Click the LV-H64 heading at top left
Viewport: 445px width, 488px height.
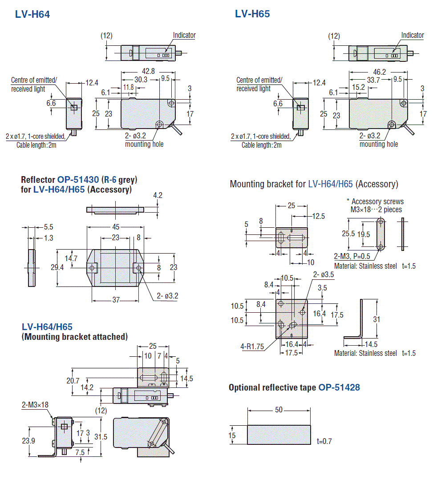point(32,14)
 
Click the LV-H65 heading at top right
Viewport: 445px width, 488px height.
point(252,14)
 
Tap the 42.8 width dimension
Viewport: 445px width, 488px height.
point(149,71)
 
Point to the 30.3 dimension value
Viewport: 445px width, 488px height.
point(142,79)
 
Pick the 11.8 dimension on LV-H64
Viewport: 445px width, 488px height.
point(129,87)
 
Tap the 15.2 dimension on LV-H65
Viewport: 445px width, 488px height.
point(359,88)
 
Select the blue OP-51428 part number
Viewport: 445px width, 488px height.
point(339,387)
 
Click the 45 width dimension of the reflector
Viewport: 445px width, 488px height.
point(115,226)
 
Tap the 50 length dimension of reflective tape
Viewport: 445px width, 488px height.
point(279,410)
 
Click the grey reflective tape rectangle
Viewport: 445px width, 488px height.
point(279,435)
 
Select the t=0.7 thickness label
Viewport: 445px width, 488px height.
point(324,441)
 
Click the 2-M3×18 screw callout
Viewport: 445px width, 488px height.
point(35,405)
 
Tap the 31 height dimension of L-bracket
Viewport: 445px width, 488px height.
point(376,319)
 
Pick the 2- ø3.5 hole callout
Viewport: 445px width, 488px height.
point(323,275)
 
